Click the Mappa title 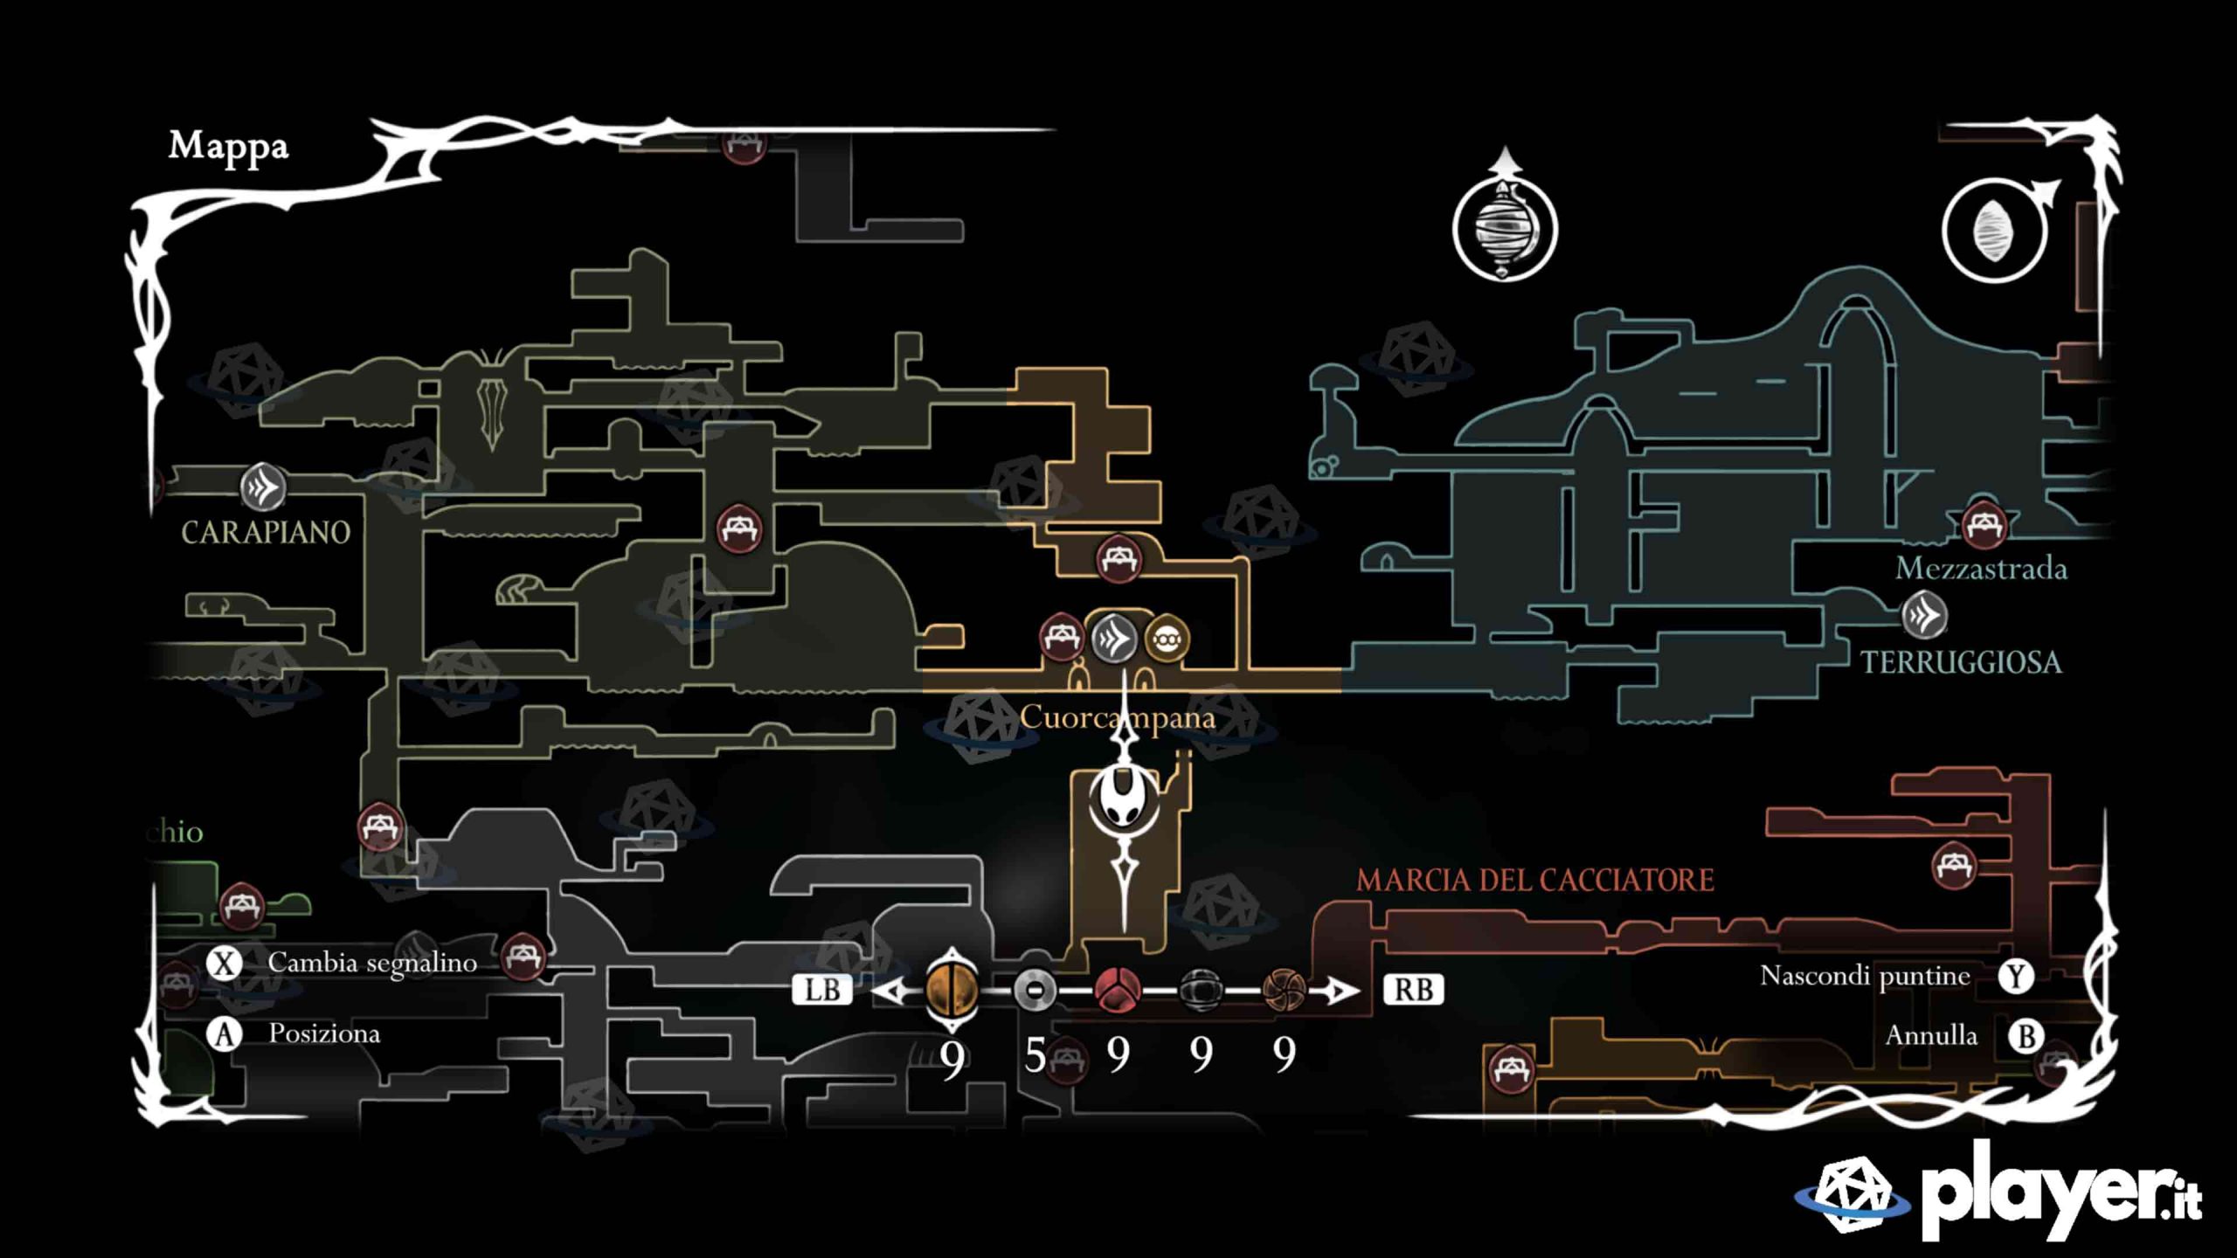tap(228, 147)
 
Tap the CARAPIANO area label tap(266, 532)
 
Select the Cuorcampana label tap(1117, 718)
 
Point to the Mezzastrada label tap(1981, 569)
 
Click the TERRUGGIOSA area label tap(1961, 662)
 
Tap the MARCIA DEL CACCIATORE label tap(1534, 880)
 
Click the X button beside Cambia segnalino tap(225, 964)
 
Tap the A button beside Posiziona tap(225, 1034)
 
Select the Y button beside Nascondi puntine tap(2015, 976)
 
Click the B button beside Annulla tap(2026, 1036)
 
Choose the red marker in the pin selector tap(1118, 990)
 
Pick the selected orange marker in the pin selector tap(952, 990)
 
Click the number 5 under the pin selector tap(1035, 1055)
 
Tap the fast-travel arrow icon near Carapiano tap(263, 487)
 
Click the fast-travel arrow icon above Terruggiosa tap(1924, 615)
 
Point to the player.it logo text tap(2062, 1193)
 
